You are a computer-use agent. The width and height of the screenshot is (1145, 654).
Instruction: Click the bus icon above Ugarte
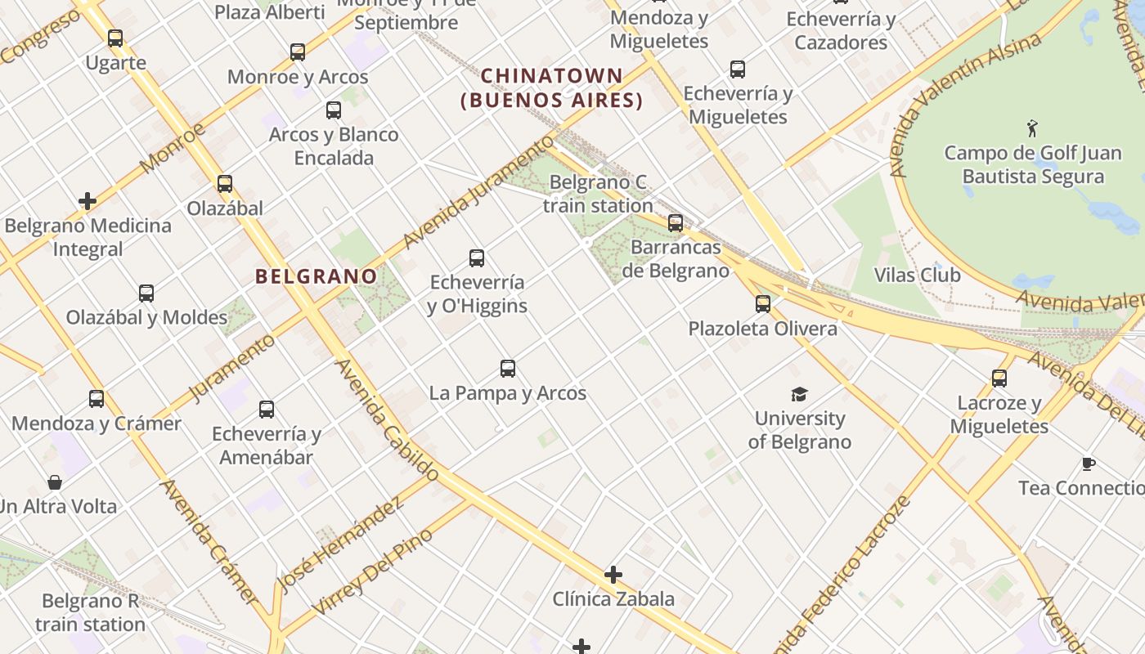tap(115, 38)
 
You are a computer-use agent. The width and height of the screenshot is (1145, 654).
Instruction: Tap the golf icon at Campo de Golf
tap(1032, 128)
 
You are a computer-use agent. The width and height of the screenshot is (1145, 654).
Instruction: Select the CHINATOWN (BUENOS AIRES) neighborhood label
tap(552, 88)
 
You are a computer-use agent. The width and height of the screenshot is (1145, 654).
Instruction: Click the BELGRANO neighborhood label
tap(316, 276)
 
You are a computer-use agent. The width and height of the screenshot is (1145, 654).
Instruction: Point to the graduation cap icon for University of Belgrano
tap(799, 394)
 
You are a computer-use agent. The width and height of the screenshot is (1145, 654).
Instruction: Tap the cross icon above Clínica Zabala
tap(613, 575)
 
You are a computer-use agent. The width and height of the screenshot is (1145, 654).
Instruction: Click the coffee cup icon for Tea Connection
tap(1088, 464)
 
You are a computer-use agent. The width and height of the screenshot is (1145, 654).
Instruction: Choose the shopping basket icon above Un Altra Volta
tap(55, 482)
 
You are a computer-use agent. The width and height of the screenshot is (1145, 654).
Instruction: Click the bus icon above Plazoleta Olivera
tap(763, 304)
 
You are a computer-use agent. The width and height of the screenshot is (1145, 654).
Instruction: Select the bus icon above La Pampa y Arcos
tap(508, 369)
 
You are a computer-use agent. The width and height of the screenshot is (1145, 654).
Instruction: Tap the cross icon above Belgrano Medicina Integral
tap(88, 201)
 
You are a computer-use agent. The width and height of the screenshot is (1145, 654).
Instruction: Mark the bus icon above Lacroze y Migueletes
tap(999, 379)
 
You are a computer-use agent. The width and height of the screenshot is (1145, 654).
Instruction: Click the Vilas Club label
tap(917, 275)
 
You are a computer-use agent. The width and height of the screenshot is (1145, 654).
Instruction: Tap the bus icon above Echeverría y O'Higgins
tap(477, 258)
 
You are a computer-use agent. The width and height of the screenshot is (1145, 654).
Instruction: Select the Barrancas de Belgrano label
tap(676, 258)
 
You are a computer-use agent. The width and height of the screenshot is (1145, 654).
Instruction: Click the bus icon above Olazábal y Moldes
tap(146, 293)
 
